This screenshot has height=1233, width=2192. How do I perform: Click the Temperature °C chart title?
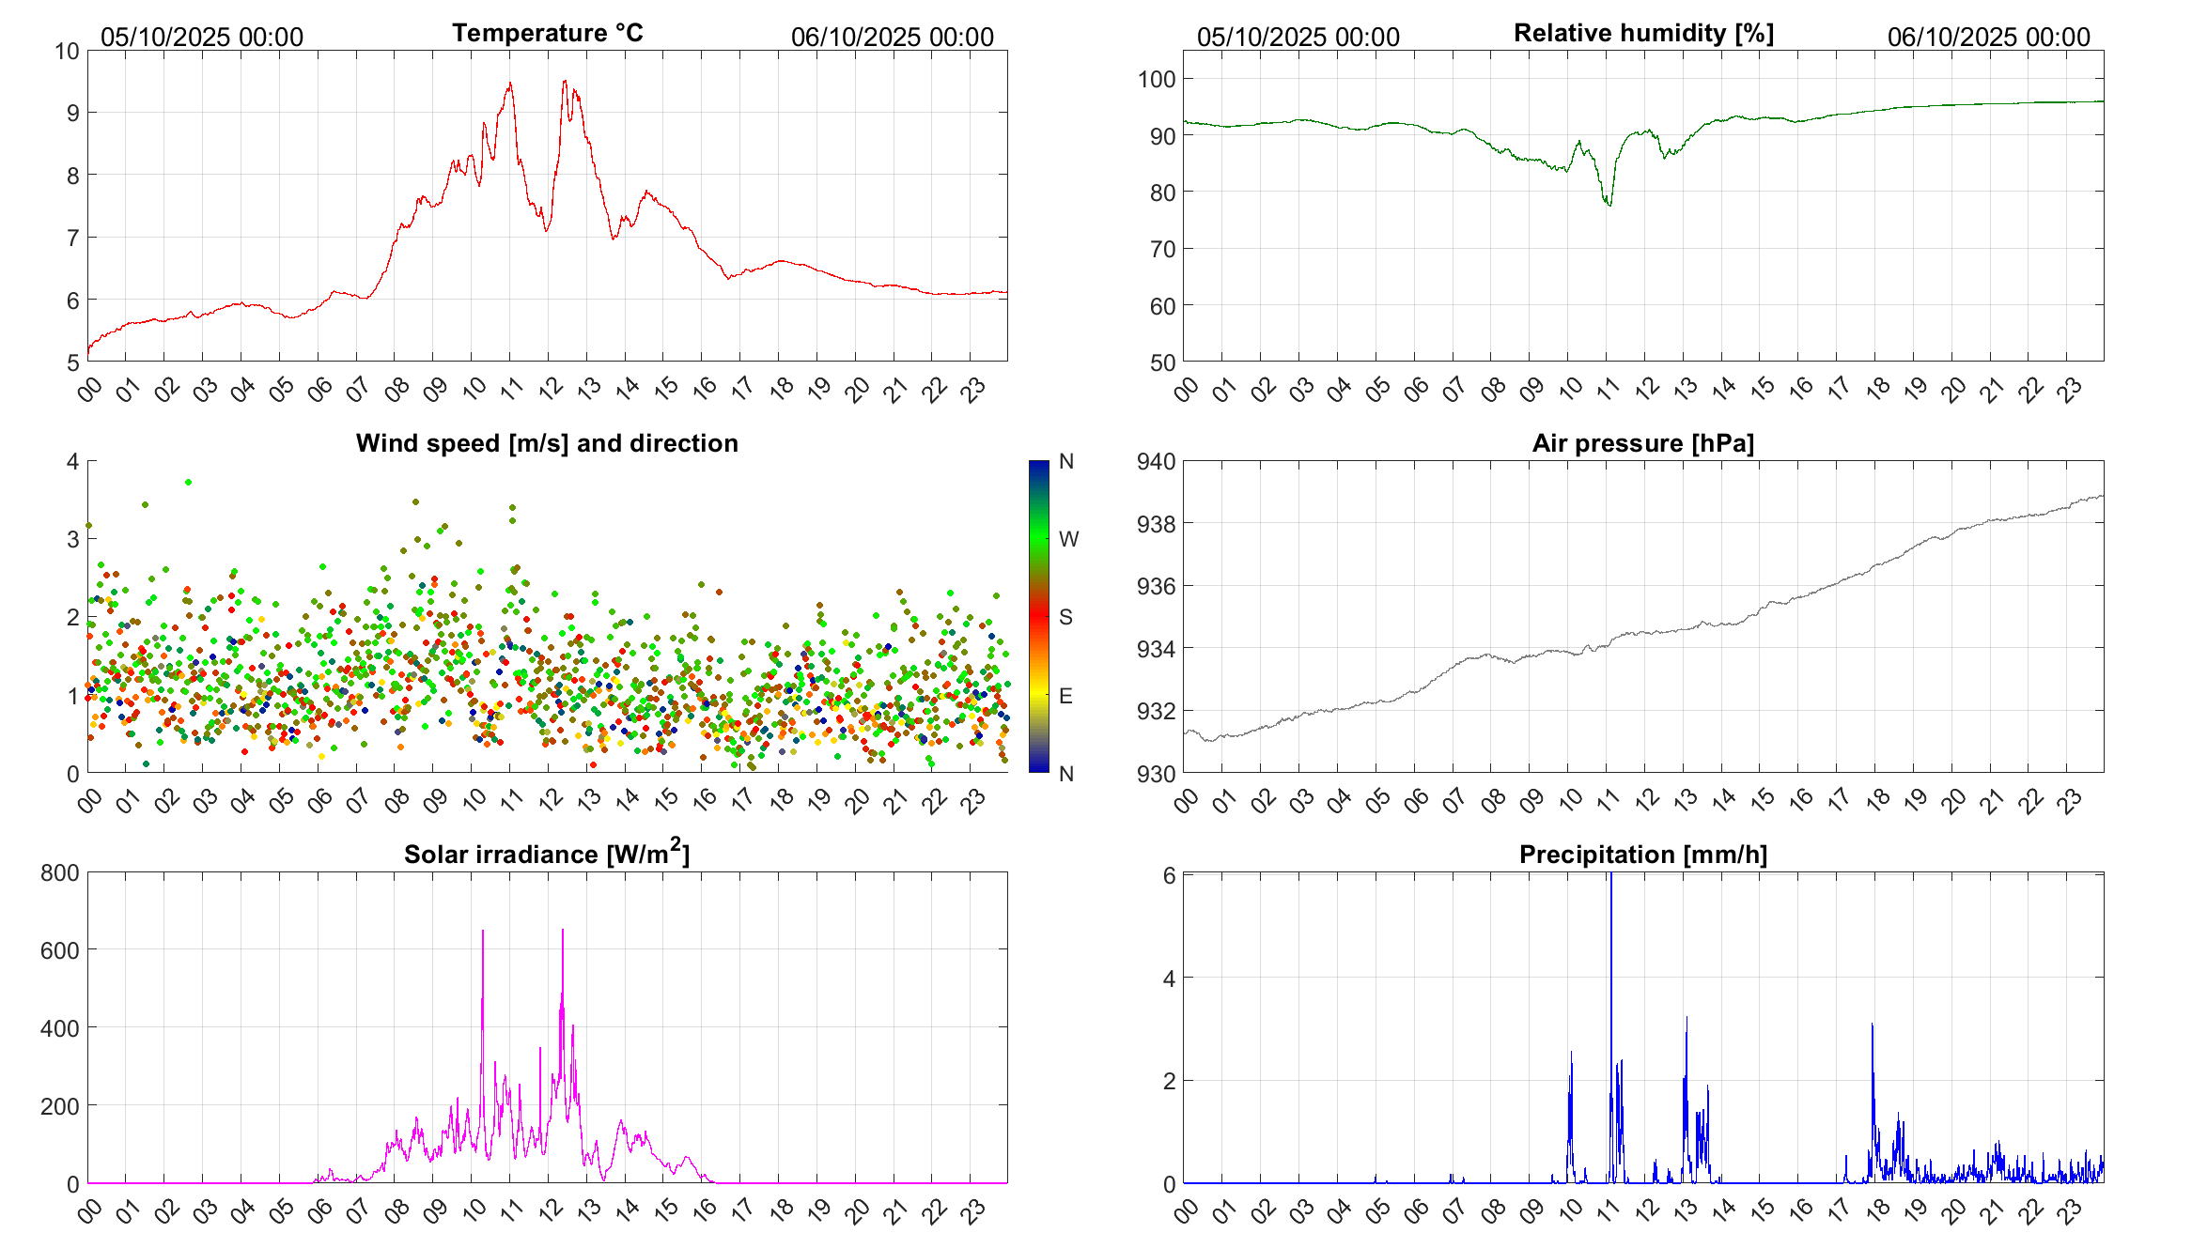point(547,33)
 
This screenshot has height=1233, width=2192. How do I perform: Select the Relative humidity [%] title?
point(1643,33)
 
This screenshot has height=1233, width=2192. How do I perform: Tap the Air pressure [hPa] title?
point(1642,443)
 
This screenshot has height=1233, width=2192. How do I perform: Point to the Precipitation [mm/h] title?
point(1642,855)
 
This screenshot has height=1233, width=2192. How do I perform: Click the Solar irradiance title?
point(547,854)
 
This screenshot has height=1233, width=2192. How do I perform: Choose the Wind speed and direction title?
point(547,443)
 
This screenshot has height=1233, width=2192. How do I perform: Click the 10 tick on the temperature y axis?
point(67,52)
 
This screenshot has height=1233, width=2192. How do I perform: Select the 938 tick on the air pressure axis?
point(1156,524)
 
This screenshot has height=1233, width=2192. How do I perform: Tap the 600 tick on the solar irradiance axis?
point(60,950)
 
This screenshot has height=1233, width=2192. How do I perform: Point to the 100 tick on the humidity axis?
point(1157,80)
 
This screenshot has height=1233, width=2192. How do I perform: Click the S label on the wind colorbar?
point(1065,617)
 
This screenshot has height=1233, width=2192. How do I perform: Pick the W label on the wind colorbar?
point(1068,539)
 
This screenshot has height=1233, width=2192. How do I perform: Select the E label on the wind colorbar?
point(1065,696)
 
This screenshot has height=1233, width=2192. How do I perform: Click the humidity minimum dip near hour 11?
point(1609,204)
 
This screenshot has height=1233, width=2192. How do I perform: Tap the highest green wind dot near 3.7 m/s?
point(188,482)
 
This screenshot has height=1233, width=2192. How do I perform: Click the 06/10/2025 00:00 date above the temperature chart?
point(892,38)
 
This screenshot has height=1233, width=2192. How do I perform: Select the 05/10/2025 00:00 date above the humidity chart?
point(1298,38)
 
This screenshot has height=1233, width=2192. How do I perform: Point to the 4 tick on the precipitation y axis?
point(1169,979)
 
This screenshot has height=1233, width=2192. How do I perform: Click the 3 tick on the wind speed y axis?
point(73,539)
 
